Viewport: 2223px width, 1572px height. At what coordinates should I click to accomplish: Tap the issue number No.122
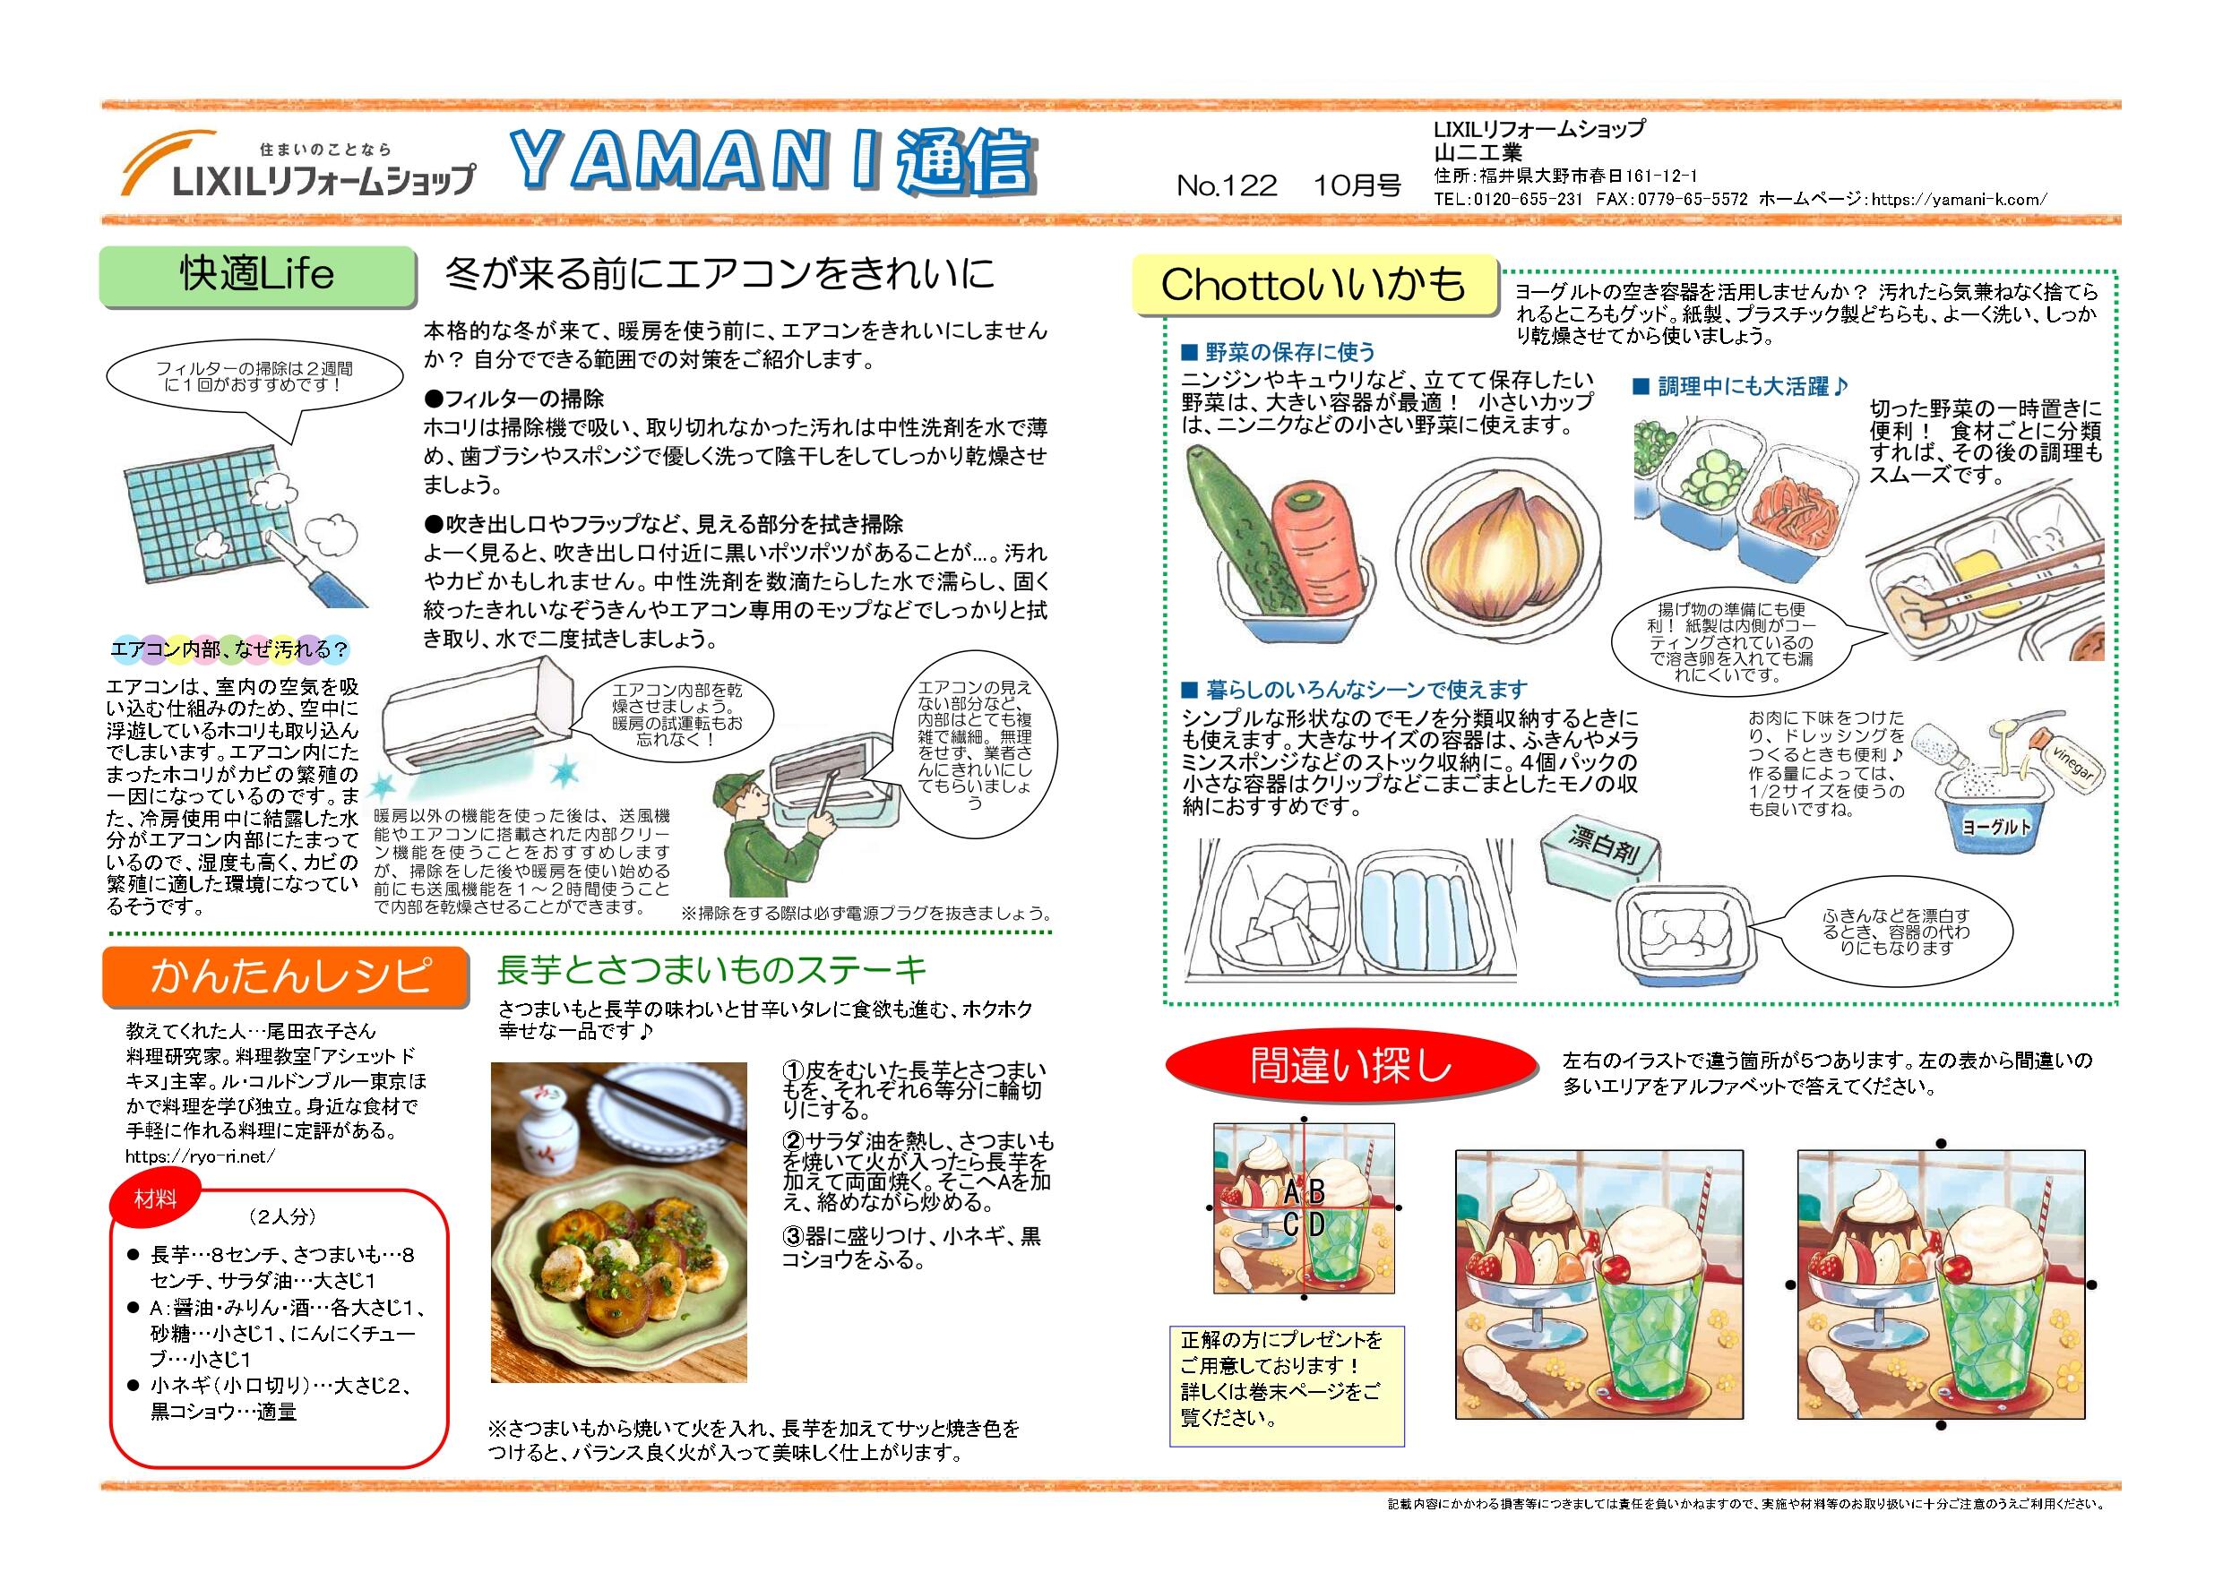click(x=1227, y=185)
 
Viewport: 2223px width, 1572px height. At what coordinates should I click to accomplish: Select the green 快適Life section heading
click(x=257, y=276)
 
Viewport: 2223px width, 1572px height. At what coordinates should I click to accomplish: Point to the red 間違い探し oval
click(x=1350, y=1066)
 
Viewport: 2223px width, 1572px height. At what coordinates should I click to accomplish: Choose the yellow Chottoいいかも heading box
click(x=1314, y=286)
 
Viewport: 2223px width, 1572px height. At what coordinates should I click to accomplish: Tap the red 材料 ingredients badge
click(x=155, y=1200)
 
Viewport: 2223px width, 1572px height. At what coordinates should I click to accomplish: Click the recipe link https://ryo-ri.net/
click(x=200, y=1155)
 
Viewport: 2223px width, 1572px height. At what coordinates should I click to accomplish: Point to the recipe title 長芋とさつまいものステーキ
click(x=711, y=969)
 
